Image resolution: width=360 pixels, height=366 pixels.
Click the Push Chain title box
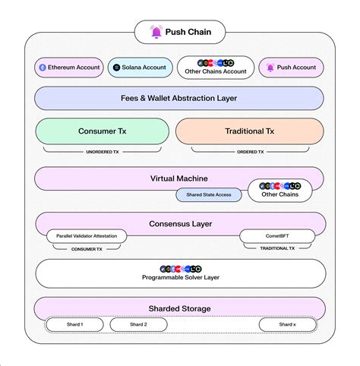[x=180, y=33]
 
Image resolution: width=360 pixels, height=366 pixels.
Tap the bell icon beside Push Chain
[x=156, y=33]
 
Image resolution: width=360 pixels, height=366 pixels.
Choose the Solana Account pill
[x=140, y=68]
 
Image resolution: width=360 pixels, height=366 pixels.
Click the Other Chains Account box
[x=216, y=68]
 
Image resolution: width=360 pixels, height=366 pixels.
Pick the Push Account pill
[x=292, y=68]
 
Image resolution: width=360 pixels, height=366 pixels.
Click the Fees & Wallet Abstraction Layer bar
[x=180, y=98]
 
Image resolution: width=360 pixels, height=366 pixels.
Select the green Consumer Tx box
[x=103, y=131]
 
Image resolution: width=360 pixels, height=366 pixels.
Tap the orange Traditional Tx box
[x=250, y=131]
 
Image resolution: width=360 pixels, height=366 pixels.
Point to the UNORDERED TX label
[x=103, y=152]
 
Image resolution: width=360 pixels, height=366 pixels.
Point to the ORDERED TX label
[x=250, y=152]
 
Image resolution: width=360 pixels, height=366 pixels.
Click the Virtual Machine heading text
[x=179, y=178]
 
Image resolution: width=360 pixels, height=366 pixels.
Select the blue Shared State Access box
[x=209, y=195]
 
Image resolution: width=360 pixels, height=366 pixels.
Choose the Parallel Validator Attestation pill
[x=87, y=236]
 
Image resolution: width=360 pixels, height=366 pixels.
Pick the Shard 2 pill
[x=138, y=325]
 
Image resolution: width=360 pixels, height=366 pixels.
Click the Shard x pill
[x=287, y=325]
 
